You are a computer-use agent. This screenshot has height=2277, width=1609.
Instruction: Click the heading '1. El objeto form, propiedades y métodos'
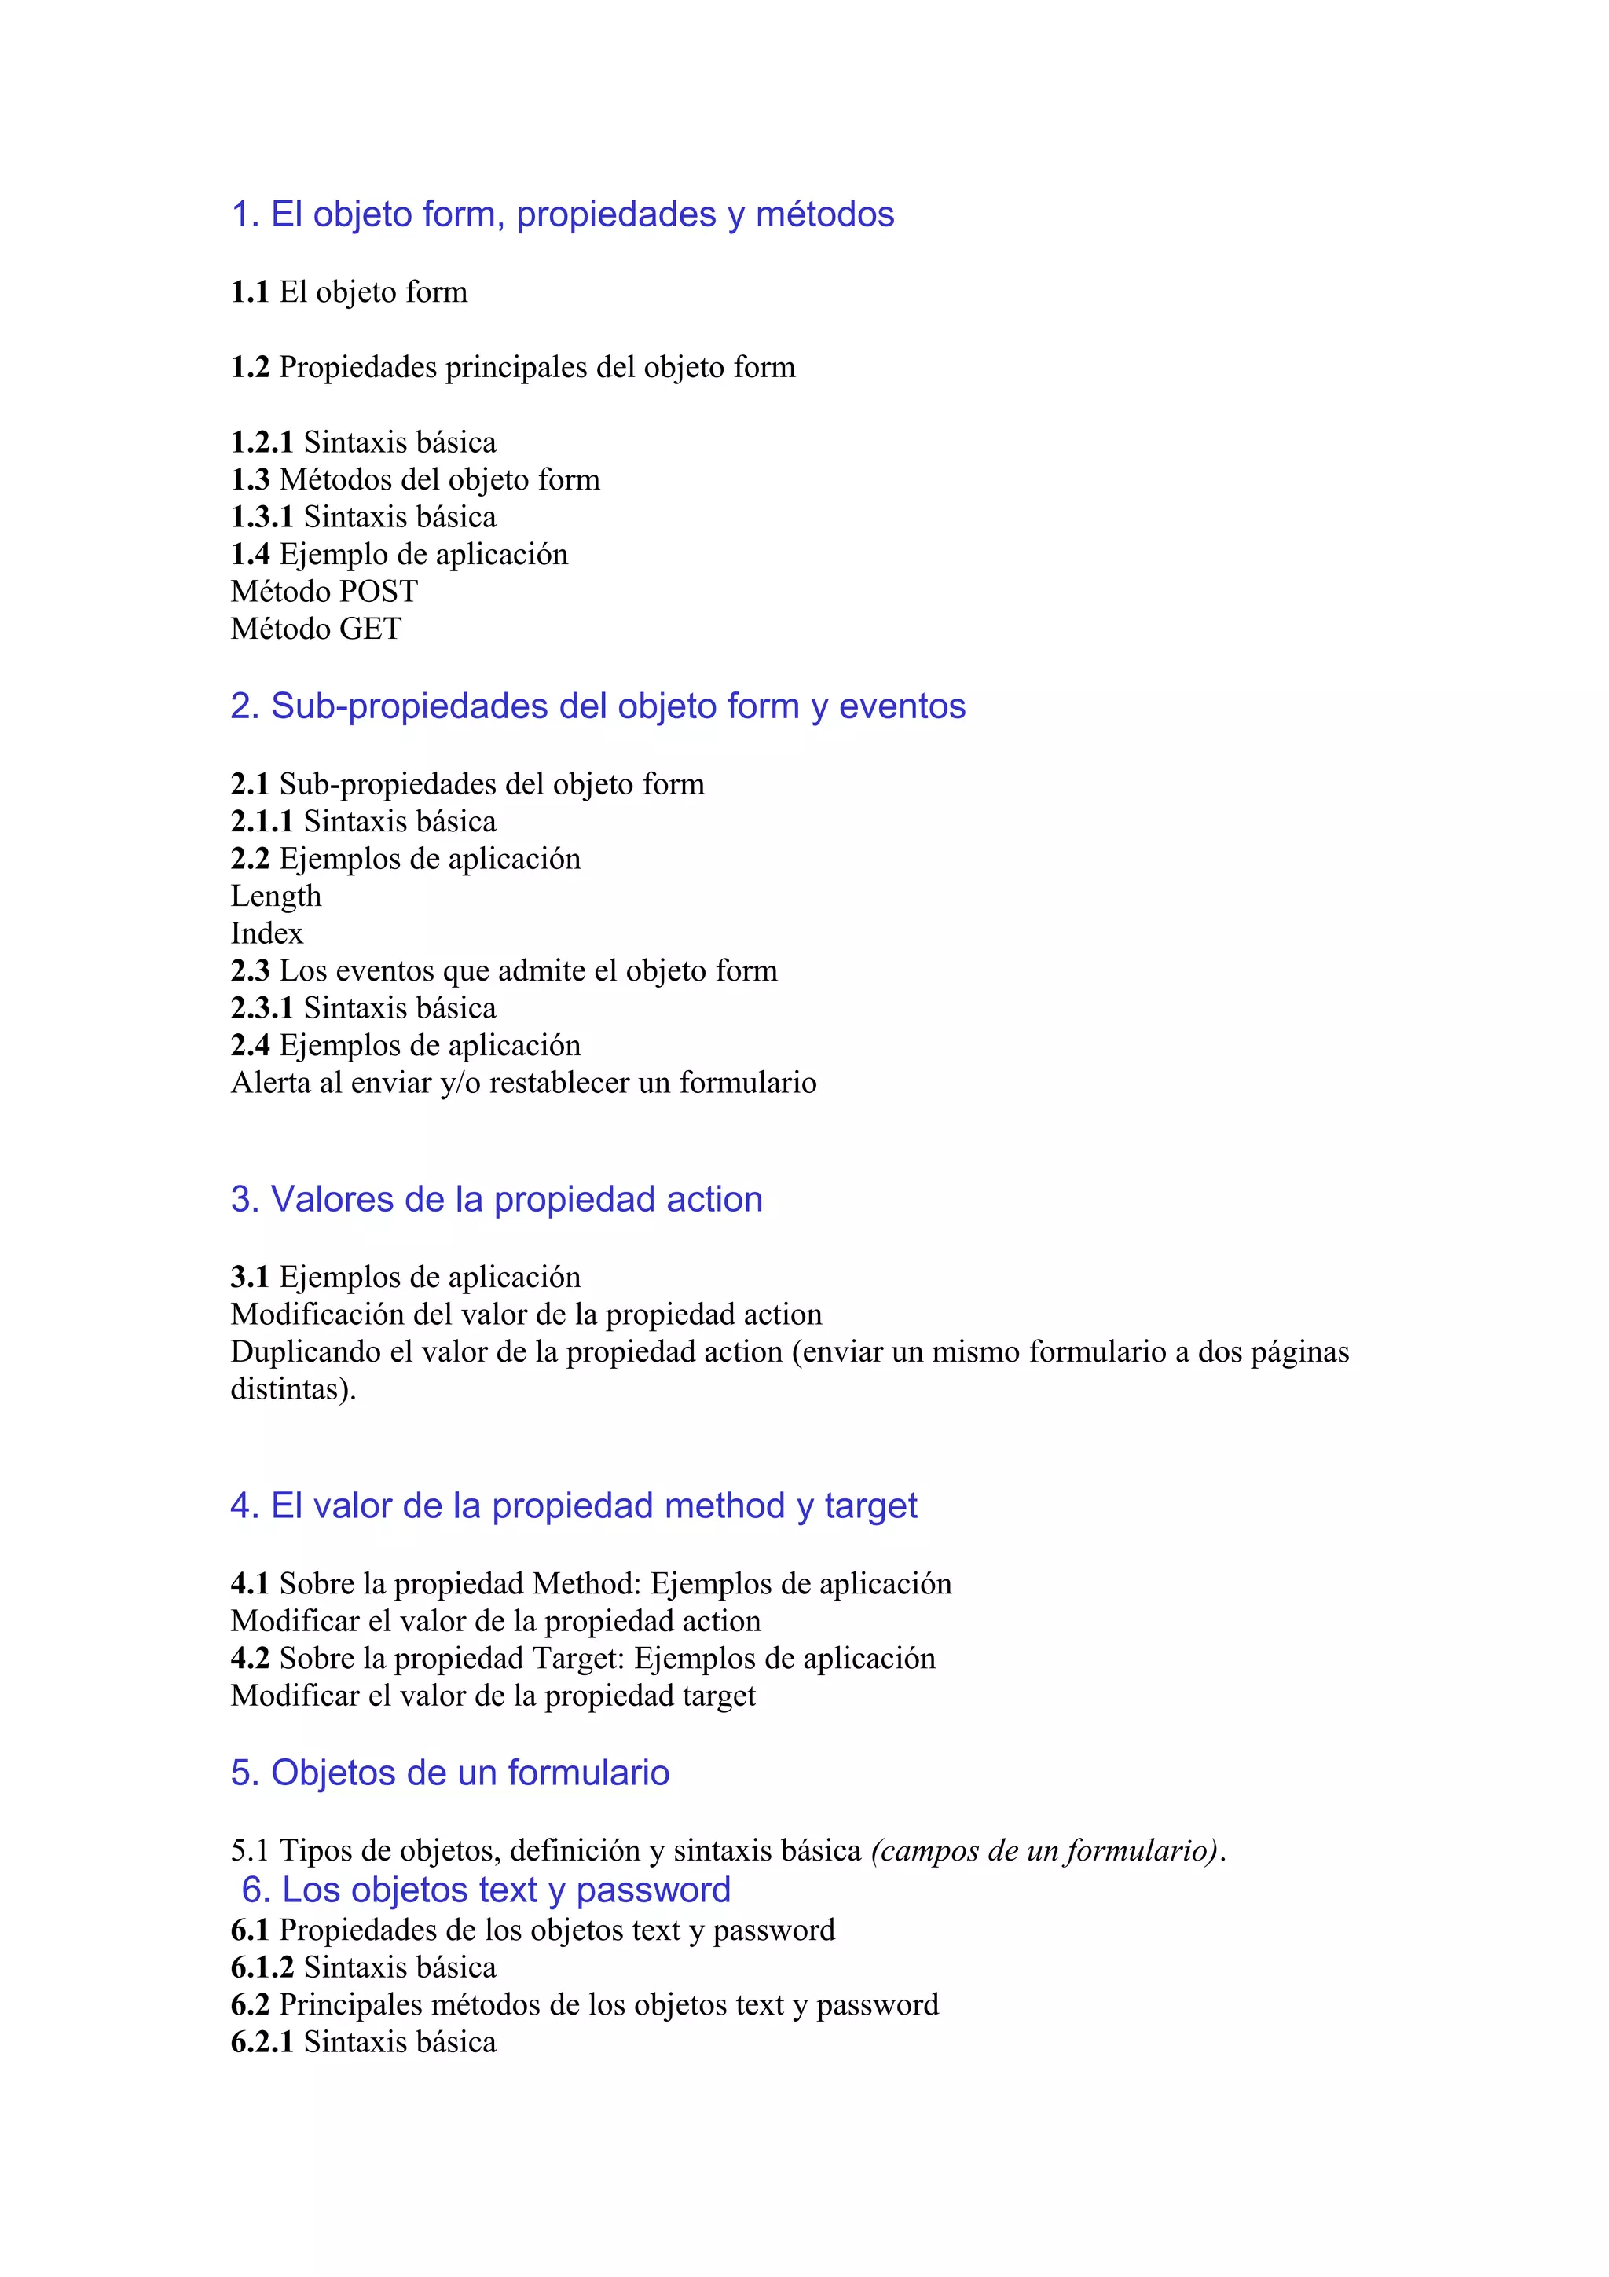coord(562,214)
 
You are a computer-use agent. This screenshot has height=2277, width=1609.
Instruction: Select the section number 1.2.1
coord(262,442)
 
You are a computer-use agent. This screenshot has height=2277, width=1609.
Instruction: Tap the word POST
coord(379,592)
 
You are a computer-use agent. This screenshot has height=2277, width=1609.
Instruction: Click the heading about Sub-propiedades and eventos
coord(598,706)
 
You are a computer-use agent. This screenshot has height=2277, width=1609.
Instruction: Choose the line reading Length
coord(276,896)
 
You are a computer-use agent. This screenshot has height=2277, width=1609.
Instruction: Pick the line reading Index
coord(266,933)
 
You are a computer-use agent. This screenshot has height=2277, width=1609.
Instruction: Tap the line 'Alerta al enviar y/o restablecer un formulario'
coord(523,1083)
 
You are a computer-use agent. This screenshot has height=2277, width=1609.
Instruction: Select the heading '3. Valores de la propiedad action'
coord(497,1199)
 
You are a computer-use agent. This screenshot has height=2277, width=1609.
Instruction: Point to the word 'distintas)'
coord(292,1389)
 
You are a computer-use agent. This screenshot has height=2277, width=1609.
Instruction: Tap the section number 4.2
coord(250,1658)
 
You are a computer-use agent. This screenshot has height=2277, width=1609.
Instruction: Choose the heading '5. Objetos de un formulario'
coord(450,1773)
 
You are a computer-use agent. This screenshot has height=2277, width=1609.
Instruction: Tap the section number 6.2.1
coord(262,2042)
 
